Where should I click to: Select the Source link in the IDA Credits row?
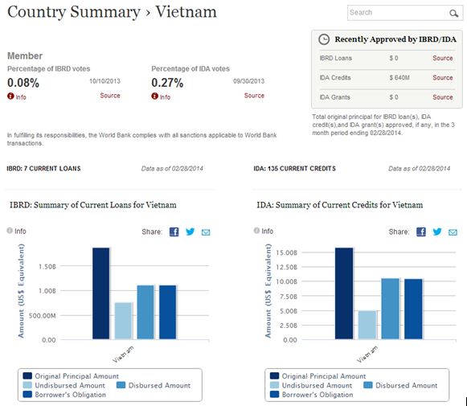click(x=442, y=78)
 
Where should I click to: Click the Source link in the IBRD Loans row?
click(x=442, y=58)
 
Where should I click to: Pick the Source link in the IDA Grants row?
click(x=442, y=97)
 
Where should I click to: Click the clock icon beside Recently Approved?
click(x=324, y=39)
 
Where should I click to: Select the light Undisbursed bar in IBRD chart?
click(x=123, y=321)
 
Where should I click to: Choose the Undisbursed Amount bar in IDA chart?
click(x=366, y=325)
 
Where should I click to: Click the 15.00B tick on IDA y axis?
click(x=287, y=252)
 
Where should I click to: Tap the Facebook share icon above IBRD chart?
click(x=174, y=232)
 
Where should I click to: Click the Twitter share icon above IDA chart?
click(x=437, y=232)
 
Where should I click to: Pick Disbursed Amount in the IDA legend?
click(x=402, y=385)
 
